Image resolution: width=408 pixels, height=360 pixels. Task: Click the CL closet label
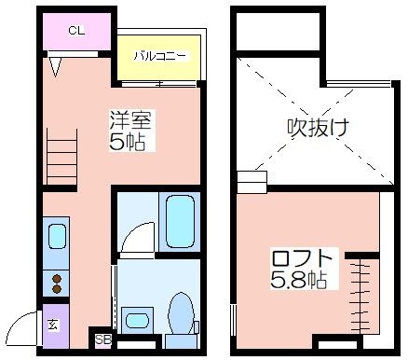76,31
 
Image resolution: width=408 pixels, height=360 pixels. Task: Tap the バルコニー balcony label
160,56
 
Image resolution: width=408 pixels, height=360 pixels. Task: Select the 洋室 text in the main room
130,119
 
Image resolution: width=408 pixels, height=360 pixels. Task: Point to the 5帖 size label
127,142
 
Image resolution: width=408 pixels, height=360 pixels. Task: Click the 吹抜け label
318,128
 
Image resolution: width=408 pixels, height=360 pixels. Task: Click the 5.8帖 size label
298,280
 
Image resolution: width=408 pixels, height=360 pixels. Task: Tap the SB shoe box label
103,339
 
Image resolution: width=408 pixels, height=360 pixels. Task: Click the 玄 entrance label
53,325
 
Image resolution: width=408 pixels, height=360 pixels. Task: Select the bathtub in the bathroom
180,222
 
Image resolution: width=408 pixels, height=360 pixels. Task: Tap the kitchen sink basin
57,237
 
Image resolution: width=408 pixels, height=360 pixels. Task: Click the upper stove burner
57,279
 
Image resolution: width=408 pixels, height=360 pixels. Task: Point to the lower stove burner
57,289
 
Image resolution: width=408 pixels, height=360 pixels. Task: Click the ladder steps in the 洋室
61,157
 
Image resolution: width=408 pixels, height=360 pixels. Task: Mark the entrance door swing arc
17,321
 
